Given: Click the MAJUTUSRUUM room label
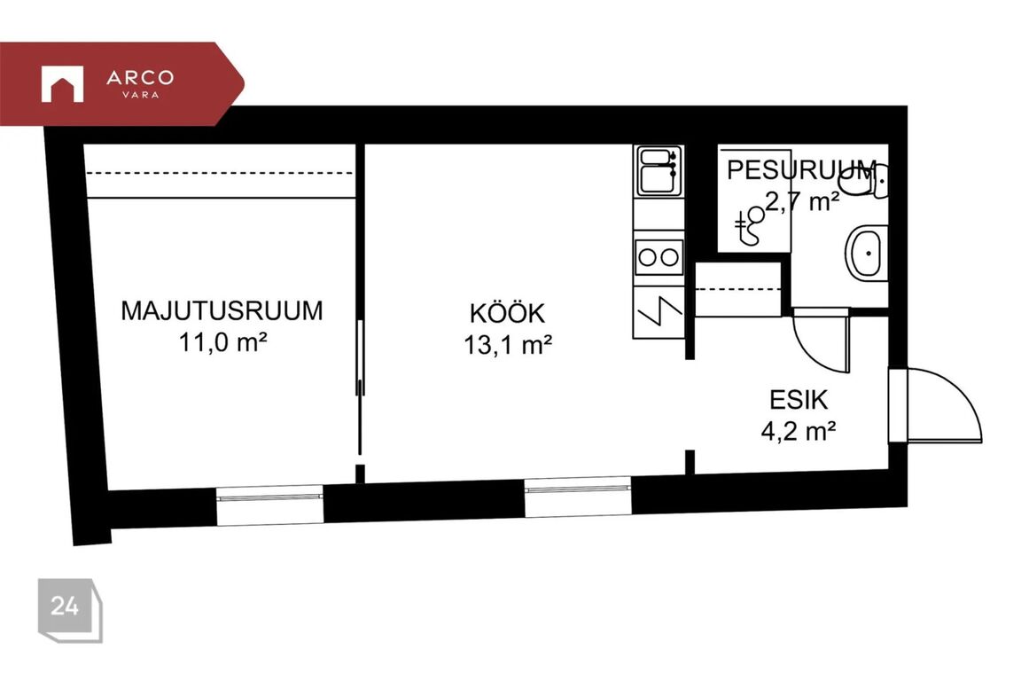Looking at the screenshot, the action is pos(222,311).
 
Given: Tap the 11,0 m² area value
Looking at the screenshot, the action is pos(222,342).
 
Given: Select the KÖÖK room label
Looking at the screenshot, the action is pos(507,314).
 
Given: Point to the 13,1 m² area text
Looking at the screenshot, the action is pos(508,345).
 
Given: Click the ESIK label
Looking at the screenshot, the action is pos(799,400).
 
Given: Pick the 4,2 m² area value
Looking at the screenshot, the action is pos(799,431).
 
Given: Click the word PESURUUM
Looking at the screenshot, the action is pos(801,170).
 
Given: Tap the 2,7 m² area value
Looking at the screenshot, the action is pos(801,201).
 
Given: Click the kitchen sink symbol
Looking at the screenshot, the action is pos(659,171).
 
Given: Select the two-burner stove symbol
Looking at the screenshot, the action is pos(659,257).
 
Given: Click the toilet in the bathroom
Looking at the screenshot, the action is pos(863,182).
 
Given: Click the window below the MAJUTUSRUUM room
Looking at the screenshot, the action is pos(269,504).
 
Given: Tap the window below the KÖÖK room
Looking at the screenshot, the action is pos(578,497).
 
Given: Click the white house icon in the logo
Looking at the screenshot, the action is pos(63,84).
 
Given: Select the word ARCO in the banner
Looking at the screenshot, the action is pos(140,77).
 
